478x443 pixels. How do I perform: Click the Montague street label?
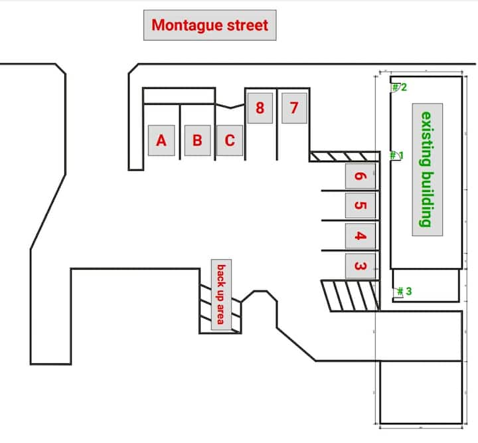[x=210, y=25]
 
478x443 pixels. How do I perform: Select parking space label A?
[x=161, y=141]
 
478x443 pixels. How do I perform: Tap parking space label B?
[x=198, y=141]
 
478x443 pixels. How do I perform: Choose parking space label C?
[x=230, y=141]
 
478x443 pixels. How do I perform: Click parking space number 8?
[x=260, y=108]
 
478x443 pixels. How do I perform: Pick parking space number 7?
[x=294, y=108]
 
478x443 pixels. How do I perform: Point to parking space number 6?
[x=360, y=176]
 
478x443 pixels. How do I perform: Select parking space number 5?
[x=360, y=205]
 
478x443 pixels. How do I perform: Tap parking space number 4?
[x=360, y=236]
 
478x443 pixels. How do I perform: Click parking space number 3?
[x=360, y=266]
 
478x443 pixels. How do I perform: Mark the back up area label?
[x=221, y=294]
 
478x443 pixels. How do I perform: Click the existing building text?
[x=427, y=169]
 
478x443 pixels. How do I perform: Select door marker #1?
[x=397, y=155]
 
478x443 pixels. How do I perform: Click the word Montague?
[x=187, y=25]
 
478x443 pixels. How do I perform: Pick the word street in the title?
[x=248, y=25]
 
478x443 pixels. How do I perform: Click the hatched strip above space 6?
[x=345, y=156]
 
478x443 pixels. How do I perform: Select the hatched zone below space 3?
[x=351, y=296]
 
